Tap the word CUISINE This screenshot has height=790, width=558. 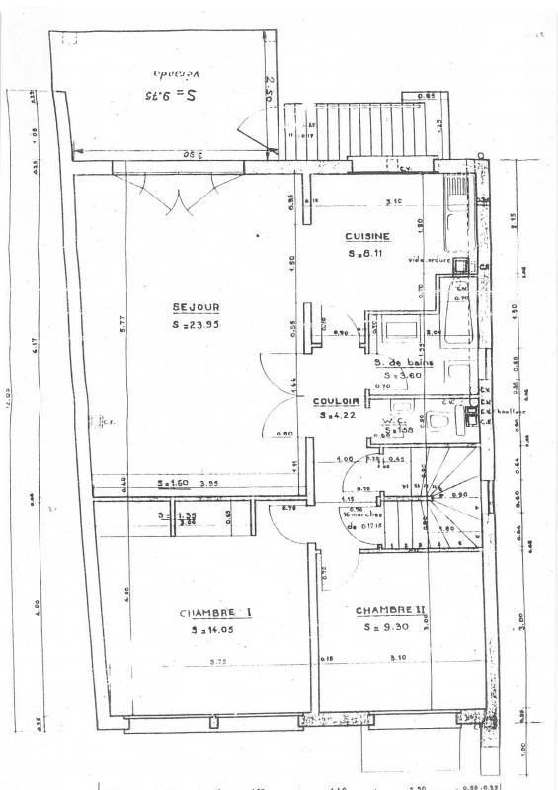[x=367, y=236]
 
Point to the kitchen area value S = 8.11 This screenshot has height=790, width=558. [x=367, y=253]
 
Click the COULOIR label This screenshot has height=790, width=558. [x=335, y=401]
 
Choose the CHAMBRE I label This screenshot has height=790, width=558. [x=214, y=613]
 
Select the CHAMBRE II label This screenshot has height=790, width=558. [x=390, y=610]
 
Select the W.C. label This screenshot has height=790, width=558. [x=393, y=420]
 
